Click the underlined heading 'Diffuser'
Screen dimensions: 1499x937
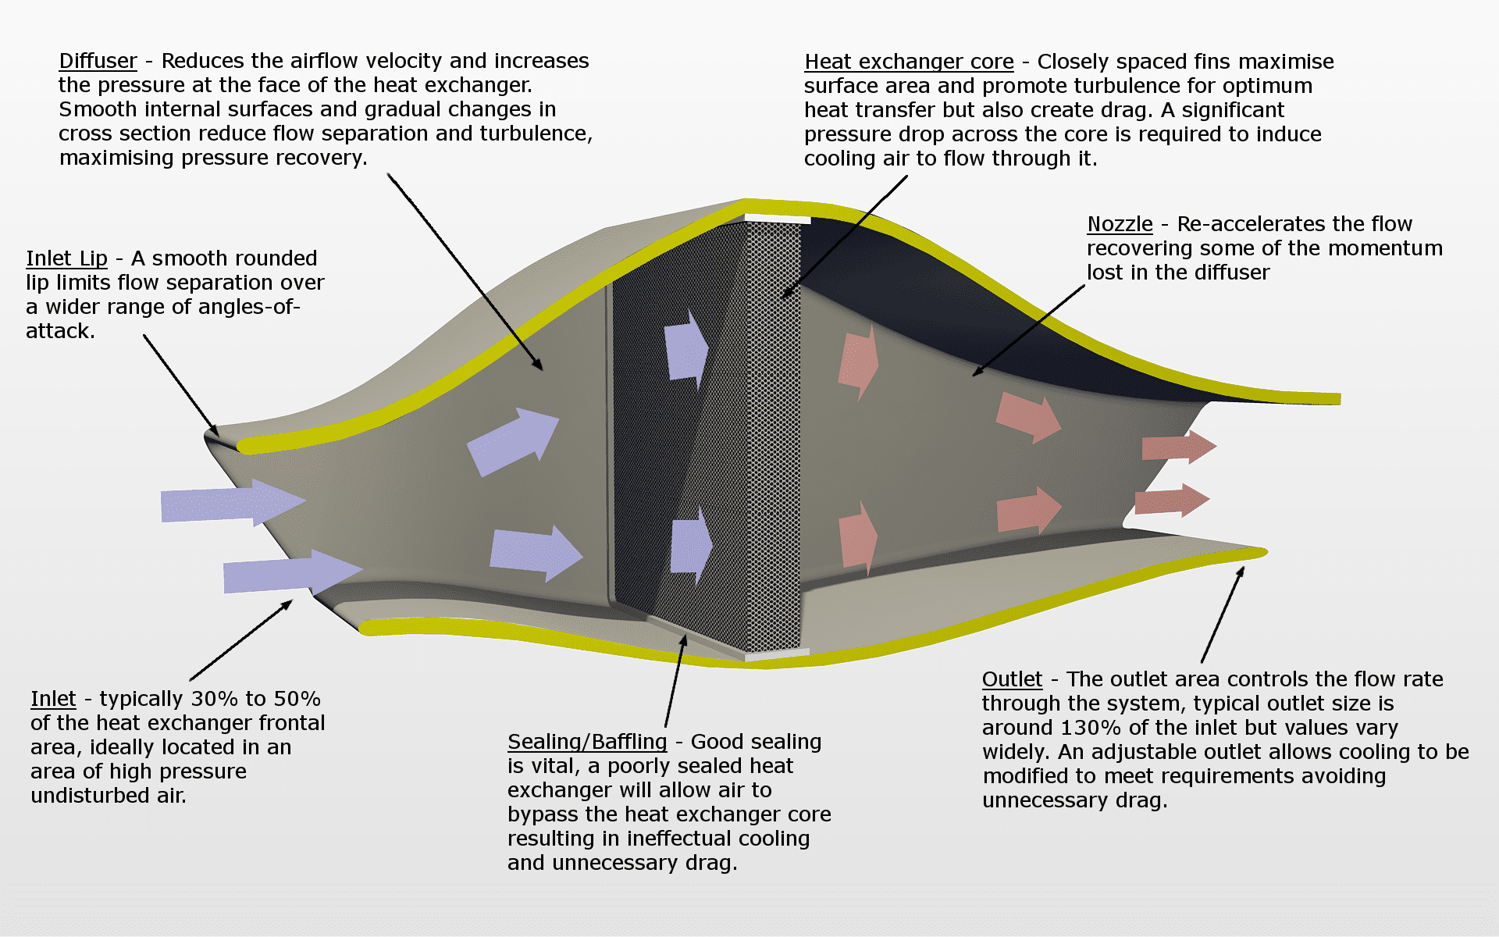(x=98, y=61)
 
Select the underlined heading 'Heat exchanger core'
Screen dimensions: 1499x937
(x=909, y=62)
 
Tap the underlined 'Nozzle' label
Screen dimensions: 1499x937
(x=1120, y=224)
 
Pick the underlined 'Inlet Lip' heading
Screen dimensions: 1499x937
(x=66, y=259)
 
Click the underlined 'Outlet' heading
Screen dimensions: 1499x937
(x=1012, y=679)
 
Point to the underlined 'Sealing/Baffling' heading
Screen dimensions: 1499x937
(x=587, y=742)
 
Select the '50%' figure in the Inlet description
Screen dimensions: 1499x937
(x=297, y=699)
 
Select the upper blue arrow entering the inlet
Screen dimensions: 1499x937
(x=233, y=503)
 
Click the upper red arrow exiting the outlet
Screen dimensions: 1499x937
(x=1179, y=447)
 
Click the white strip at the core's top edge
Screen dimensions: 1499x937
(x=778, y=219)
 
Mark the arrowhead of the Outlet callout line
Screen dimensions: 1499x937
(x=1240, y=573)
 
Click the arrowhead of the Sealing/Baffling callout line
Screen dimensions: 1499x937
(x=683, y=640)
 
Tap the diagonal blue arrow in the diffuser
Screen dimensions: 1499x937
(x=513, y=440)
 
